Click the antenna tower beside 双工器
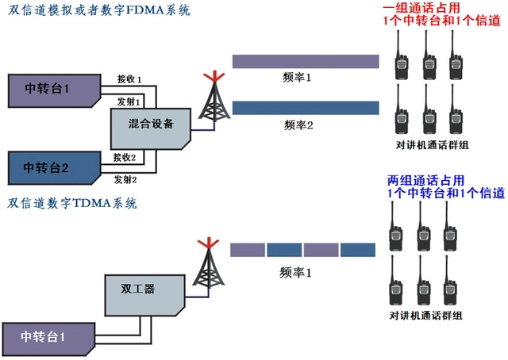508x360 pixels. tap(209, 265)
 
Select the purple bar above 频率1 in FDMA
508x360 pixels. tap(305, 62)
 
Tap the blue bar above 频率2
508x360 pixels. tap(305, 109)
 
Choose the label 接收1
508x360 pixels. tap(129, 79)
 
